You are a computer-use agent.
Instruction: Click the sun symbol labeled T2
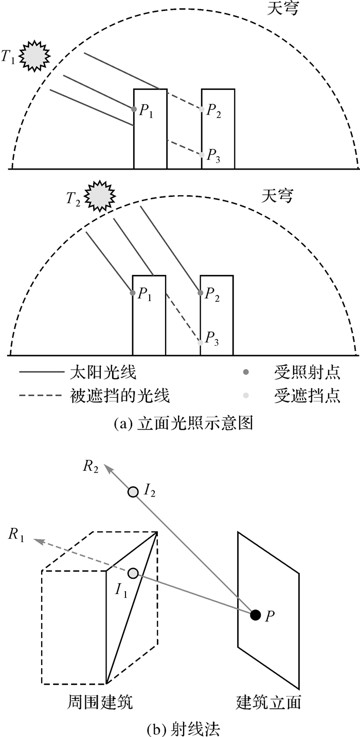tap(99, 196)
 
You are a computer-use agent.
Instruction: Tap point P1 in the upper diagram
tap(134, 109)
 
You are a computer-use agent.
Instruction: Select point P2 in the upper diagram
tap(202, 109)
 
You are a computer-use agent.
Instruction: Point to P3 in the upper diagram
tap(202, 154)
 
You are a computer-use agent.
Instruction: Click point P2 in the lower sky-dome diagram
tap(201, 293)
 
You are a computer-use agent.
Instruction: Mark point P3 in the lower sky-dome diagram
tap(200, 341)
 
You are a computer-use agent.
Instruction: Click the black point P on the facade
tap(255, 614)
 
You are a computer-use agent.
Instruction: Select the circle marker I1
tap(133, 573)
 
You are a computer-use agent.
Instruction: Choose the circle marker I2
tap(133, 492)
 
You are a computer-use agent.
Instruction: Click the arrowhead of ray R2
tap(107, 467)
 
